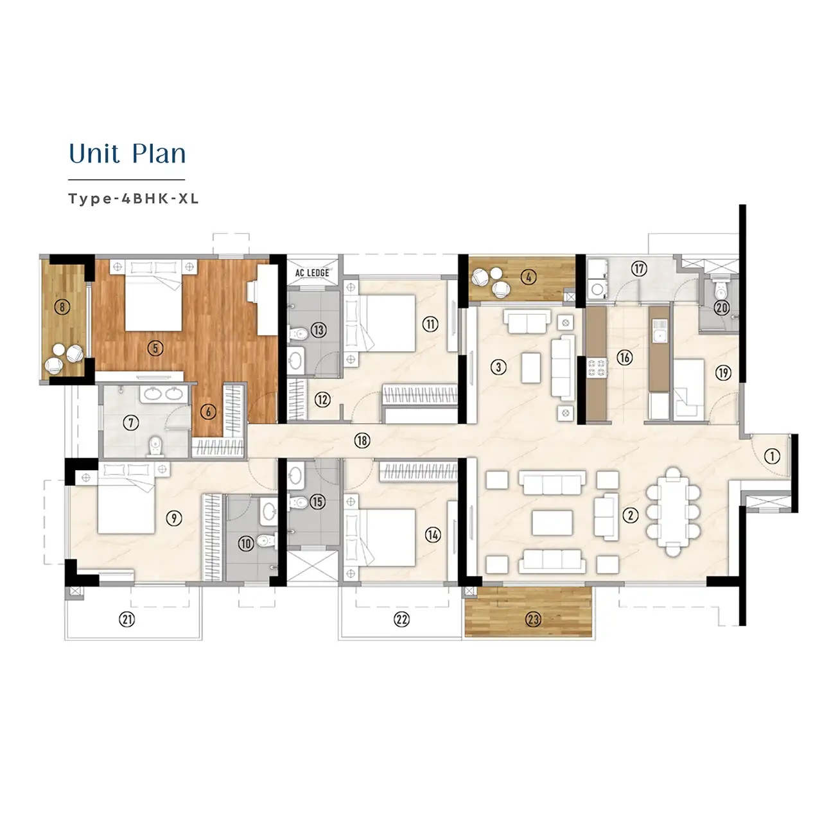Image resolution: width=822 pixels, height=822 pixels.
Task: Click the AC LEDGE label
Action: coord(312,272)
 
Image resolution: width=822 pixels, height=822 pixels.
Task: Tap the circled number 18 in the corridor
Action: coord(362,441)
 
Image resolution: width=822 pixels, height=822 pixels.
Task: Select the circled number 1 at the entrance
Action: coord(772,457)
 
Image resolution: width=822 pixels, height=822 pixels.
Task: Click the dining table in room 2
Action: coord(673,511)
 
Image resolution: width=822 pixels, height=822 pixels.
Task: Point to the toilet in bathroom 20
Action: coord(721,291)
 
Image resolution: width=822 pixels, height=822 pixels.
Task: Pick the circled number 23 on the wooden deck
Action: coord(533,619)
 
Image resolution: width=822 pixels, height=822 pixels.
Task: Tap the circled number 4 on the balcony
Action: coord(528,277)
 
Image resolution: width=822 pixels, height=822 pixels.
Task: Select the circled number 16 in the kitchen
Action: coord(624,358)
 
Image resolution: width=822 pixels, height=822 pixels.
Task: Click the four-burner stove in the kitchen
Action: coord(597,368)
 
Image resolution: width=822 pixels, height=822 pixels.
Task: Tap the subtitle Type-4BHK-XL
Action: coord(134,199)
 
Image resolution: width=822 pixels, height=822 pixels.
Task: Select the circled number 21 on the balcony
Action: coord(127,619)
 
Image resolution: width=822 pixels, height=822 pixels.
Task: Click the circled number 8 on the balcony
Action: coord(62,307)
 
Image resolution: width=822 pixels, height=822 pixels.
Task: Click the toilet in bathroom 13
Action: coord(298,333)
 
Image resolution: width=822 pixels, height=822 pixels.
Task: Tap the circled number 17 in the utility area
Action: coord(638,268)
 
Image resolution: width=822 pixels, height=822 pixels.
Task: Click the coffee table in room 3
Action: coord(531,367)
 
